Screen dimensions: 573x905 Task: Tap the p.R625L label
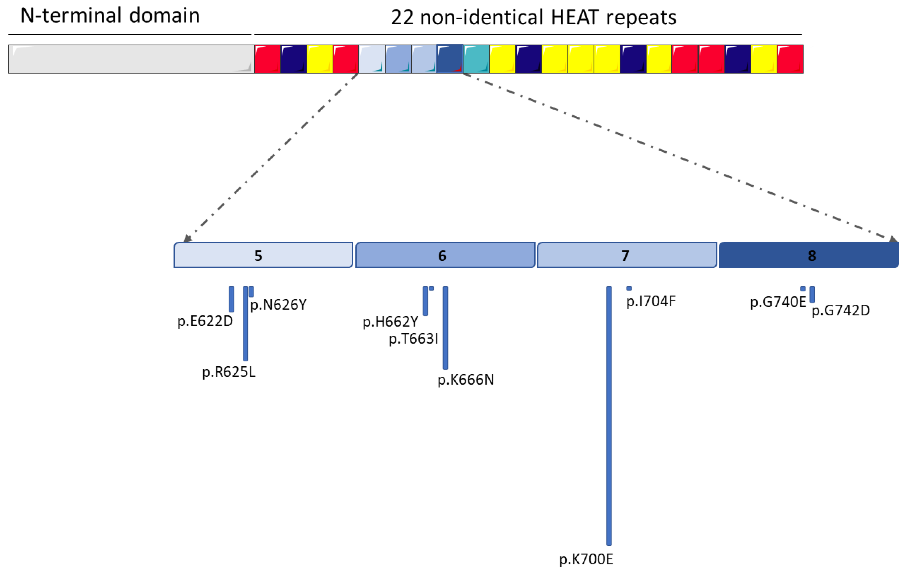(x=228, y=372)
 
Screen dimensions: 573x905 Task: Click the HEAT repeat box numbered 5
(x=263, y=255)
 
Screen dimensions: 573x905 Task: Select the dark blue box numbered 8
(x=808, y=255)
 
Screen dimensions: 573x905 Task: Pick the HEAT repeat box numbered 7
(x=627, y=255)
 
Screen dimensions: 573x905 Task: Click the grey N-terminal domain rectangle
(x=131, y=59)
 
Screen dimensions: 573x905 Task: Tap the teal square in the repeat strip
(x=476, y=59)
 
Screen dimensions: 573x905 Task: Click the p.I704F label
(x=650, y=301)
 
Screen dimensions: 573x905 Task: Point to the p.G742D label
(x=841, y=311)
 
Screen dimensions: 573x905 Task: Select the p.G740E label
(x=778, y=302)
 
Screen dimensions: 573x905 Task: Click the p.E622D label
(x=205, y=321)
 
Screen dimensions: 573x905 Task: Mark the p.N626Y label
(x=278, y=305)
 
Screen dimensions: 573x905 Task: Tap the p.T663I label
(x=413, y=339)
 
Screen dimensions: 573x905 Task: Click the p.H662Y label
(x=390, y=322)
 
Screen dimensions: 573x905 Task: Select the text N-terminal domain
(x=110, y=16)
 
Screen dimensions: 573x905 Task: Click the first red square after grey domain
(x=267, y=59)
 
